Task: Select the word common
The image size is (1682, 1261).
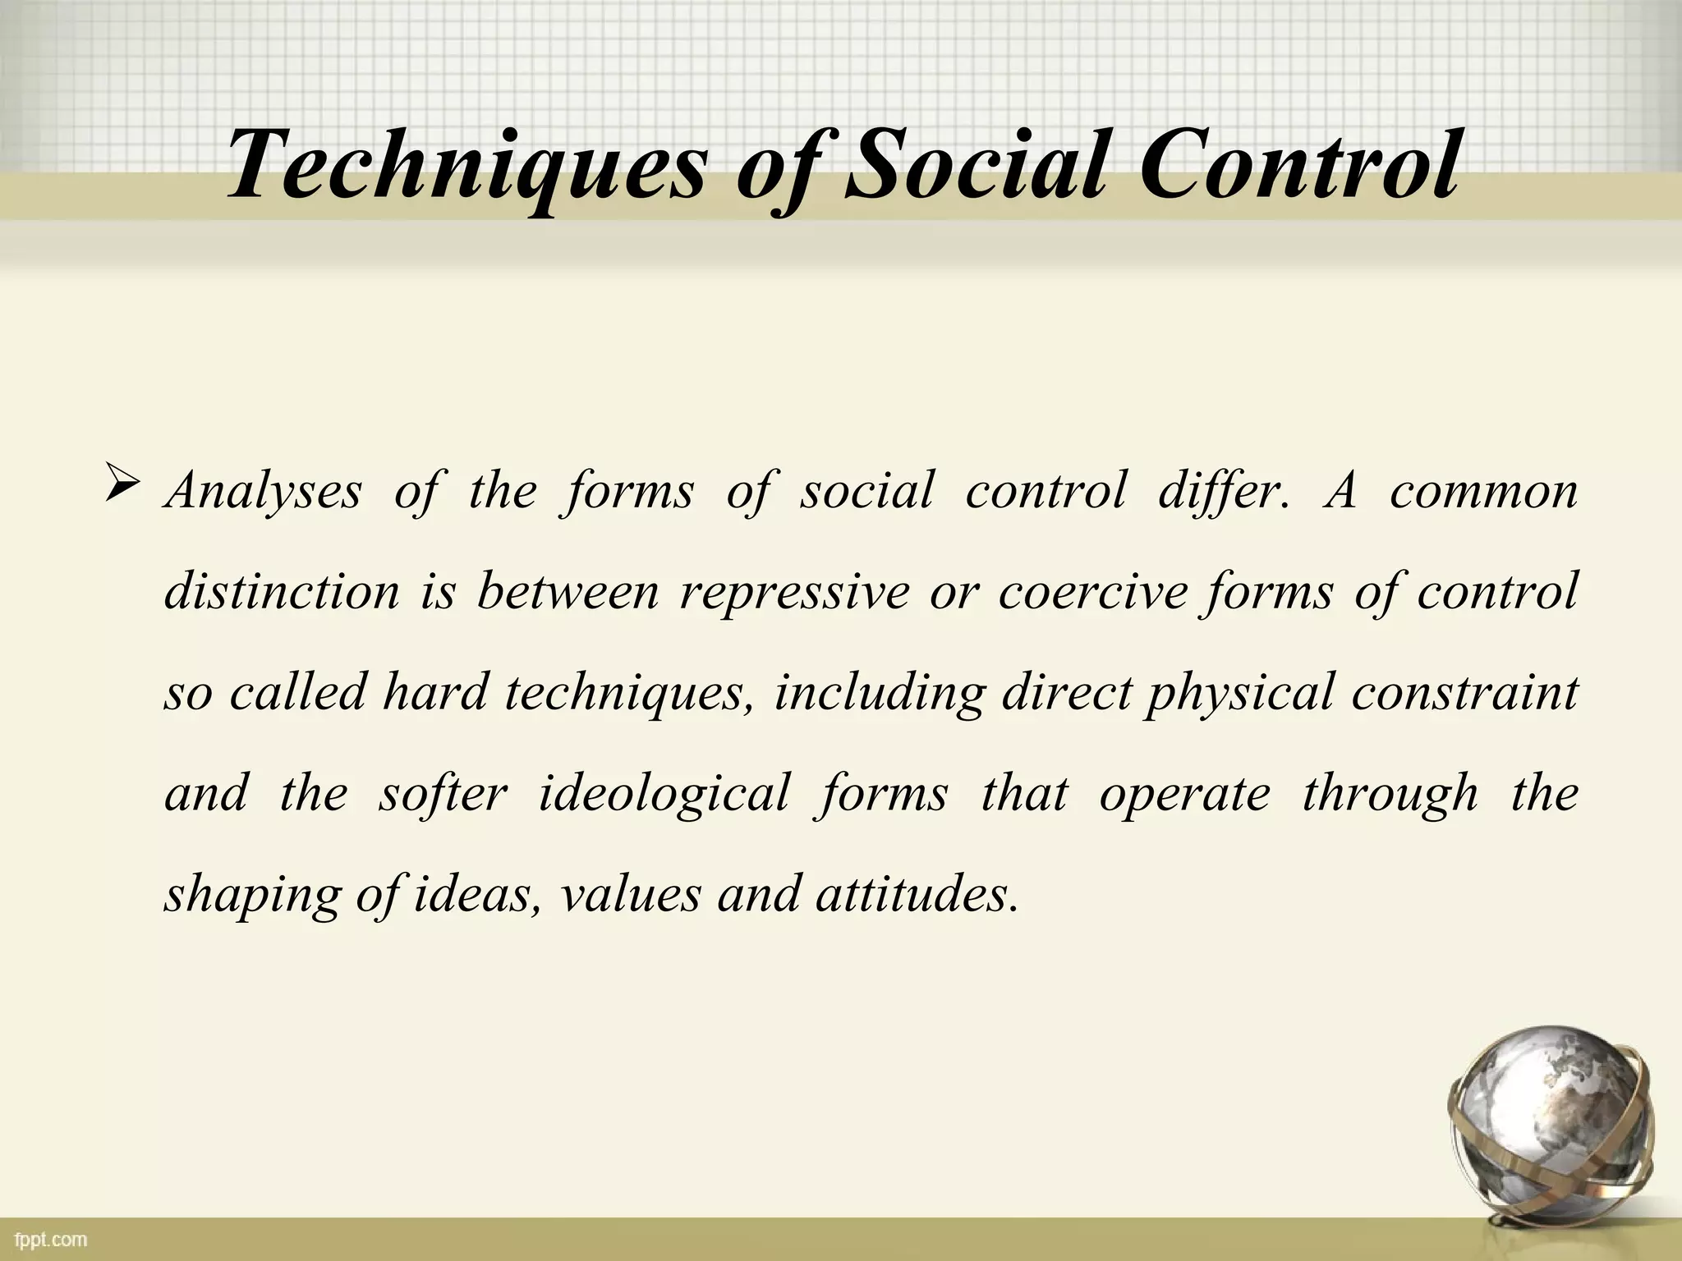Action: [1483, 491]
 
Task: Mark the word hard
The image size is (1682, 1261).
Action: [434, 692]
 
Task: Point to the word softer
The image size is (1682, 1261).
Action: [443, 793]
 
